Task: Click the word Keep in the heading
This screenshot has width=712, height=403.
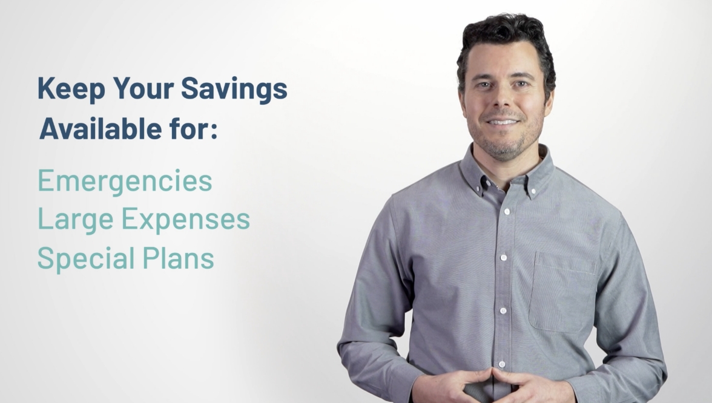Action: pyautogui.click(x=71, y=88)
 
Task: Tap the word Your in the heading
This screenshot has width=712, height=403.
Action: pyautogui.click(x=143, y=88)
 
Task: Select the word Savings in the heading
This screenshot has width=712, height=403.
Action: pyautogui.click(x=234, y=89)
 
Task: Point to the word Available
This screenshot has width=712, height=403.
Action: pyautogui.click(x=101, y=128)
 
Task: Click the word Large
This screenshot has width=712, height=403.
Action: pyautogui.click(x=75, y=220)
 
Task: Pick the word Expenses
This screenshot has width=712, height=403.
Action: pyautogui.click(x=186, y=220)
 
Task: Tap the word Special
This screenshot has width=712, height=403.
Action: pyautogui.click(x=86, y=259)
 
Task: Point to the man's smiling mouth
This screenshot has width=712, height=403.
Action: pyautogui.click(x=503, y=122)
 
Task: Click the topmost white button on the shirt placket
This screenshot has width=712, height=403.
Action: pyautogui.click(x=507, y=212)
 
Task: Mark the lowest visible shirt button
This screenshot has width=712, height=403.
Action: pyautogui.click(x=502, y=364)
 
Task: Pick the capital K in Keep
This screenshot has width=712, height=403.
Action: pyautogui.click(x=46, y=88)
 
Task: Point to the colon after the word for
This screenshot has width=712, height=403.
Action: pyautogui.click(x=214, y=131)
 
